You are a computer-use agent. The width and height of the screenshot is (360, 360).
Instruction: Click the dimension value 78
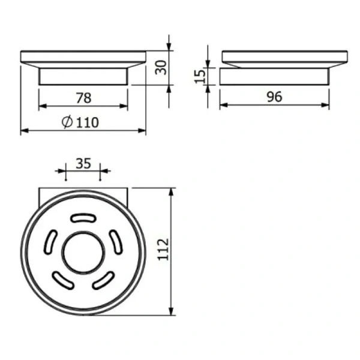[x=83, y=98]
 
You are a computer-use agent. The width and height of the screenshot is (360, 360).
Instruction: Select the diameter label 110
[x=87, y=122]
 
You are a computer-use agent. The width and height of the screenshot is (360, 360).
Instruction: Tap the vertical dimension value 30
[x=161, y=67]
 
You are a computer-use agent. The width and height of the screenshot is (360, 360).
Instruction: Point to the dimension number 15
[x=200, y=76]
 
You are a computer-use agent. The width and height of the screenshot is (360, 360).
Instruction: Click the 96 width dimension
[x=274, y=97]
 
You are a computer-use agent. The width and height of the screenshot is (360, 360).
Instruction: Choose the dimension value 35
[x=83, y=163]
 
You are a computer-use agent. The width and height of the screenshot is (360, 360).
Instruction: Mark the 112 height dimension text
[x=163, y=250]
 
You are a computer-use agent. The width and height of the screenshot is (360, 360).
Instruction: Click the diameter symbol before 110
[x=67, y=122]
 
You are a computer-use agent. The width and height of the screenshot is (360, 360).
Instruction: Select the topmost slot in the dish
[x=83, y=218]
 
